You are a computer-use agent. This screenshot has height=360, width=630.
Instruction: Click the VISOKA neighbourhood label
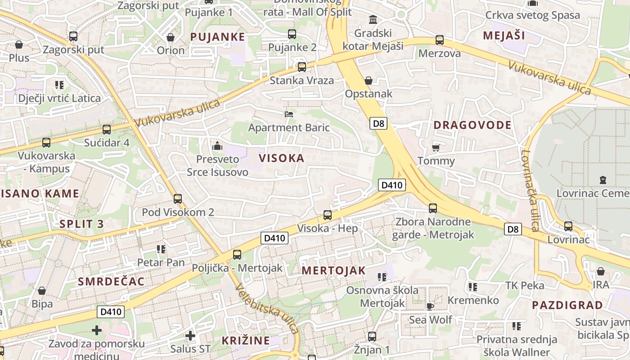(x=282, y=158)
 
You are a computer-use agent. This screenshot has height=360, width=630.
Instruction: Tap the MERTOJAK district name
(x=333, y=270)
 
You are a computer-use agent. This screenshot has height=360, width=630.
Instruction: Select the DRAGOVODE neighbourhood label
(x=472, y=125)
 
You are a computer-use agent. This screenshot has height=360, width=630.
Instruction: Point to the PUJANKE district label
(x=217, y=37)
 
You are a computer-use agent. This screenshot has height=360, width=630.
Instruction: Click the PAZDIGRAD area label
(x=567, y=305)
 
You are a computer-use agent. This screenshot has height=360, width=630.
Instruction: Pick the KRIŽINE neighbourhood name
(x=246, y=341)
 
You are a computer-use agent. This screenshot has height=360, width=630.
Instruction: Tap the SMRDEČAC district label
(x=111, y=282)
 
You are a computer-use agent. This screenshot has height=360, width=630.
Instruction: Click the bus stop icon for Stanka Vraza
(x=302, y=67)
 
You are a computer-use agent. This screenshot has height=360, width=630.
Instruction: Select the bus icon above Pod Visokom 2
(x=178, y=198)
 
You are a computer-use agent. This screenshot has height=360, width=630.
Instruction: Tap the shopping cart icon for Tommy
(x=436, y=148)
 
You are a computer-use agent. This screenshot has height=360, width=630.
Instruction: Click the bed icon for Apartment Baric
(x=289, y=114)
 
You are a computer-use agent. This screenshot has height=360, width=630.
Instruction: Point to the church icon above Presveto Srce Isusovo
(x=217, y=146)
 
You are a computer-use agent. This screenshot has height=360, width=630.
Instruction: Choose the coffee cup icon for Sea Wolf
(x=430, y=306)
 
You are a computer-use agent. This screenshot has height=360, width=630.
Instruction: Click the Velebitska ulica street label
(x=266, y=310)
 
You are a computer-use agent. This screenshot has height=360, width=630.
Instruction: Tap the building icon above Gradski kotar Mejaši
(x=373, y=20)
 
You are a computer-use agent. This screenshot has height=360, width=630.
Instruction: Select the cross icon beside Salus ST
(x=190, y=336)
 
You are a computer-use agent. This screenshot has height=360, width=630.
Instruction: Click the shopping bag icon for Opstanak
(x=369, y=81)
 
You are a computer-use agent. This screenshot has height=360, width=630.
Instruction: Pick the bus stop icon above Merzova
(x=440, y=40)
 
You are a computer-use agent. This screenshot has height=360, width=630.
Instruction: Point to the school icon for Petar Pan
(x=161, y=249)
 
